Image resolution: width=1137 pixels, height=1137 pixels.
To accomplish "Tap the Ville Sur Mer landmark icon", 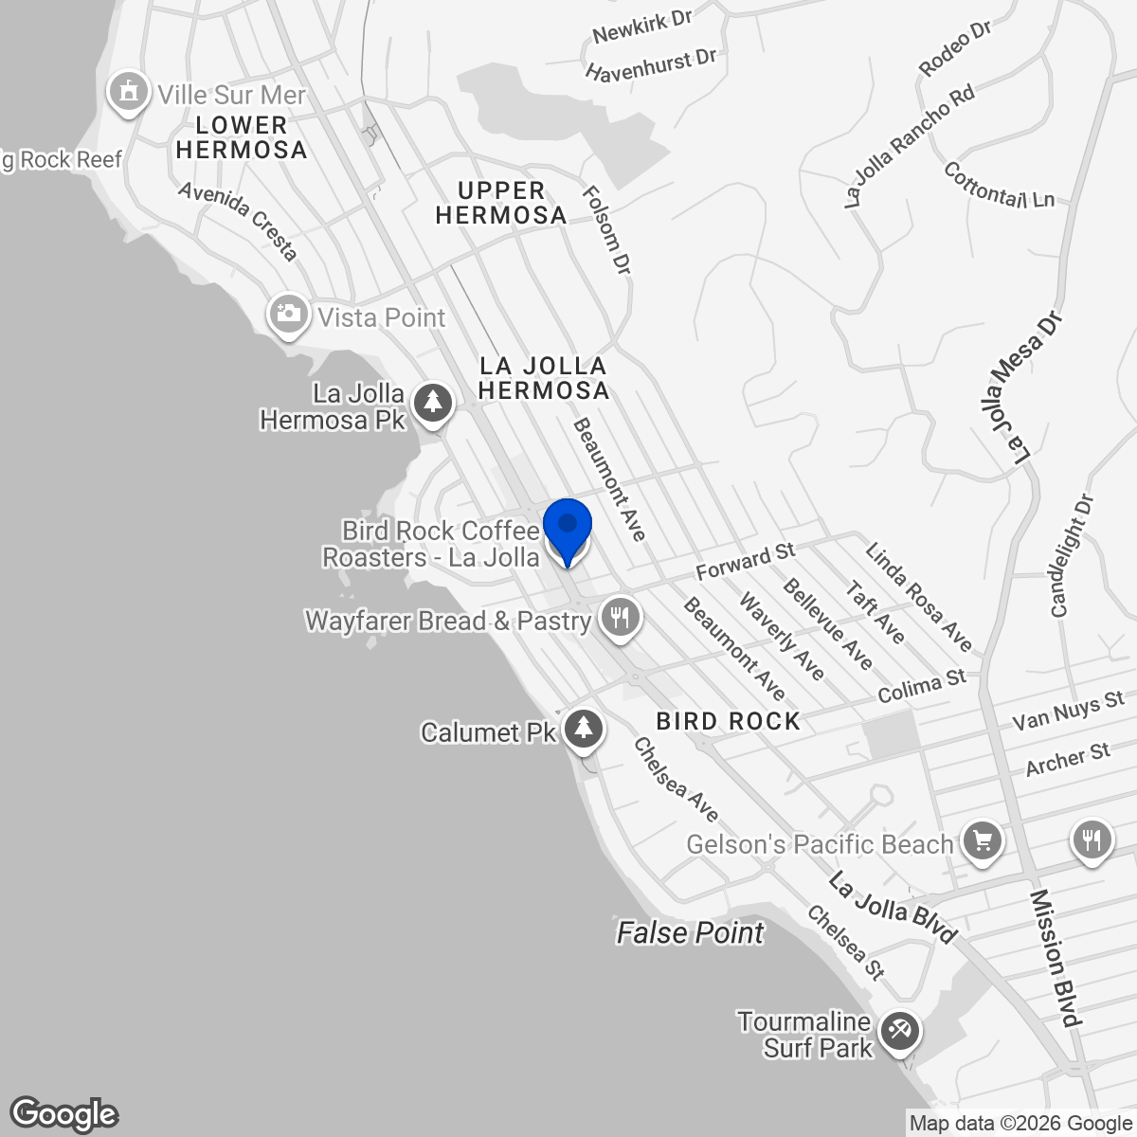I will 126,92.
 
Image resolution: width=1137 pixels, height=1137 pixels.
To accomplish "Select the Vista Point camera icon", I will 288,315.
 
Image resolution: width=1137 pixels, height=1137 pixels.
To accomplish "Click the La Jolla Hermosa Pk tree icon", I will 433,403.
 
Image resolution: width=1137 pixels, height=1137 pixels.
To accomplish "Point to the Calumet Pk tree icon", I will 584,729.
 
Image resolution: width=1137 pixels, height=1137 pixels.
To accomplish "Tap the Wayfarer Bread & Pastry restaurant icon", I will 620,618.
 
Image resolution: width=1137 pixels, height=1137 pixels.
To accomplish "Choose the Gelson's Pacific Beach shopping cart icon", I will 982,840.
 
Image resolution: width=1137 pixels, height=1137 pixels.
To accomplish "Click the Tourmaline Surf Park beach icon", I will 897,1031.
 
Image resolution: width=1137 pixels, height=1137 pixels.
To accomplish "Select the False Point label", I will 690,933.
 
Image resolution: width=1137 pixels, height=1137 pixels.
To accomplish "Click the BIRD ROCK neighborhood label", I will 728,721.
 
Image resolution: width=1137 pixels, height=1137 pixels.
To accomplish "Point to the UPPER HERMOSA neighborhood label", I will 500,203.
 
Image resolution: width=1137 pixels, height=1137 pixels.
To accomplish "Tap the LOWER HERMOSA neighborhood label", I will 242,137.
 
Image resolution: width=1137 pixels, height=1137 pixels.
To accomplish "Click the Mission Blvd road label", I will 1055,958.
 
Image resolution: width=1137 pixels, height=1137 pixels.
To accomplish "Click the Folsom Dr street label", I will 606,230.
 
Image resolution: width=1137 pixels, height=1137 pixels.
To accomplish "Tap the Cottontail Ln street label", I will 999,186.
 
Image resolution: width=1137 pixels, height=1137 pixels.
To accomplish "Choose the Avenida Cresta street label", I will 238,220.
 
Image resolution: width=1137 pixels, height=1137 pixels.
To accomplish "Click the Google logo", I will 64,1114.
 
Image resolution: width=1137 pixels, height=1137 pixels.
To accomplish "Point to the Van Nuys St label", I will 1068,711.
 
